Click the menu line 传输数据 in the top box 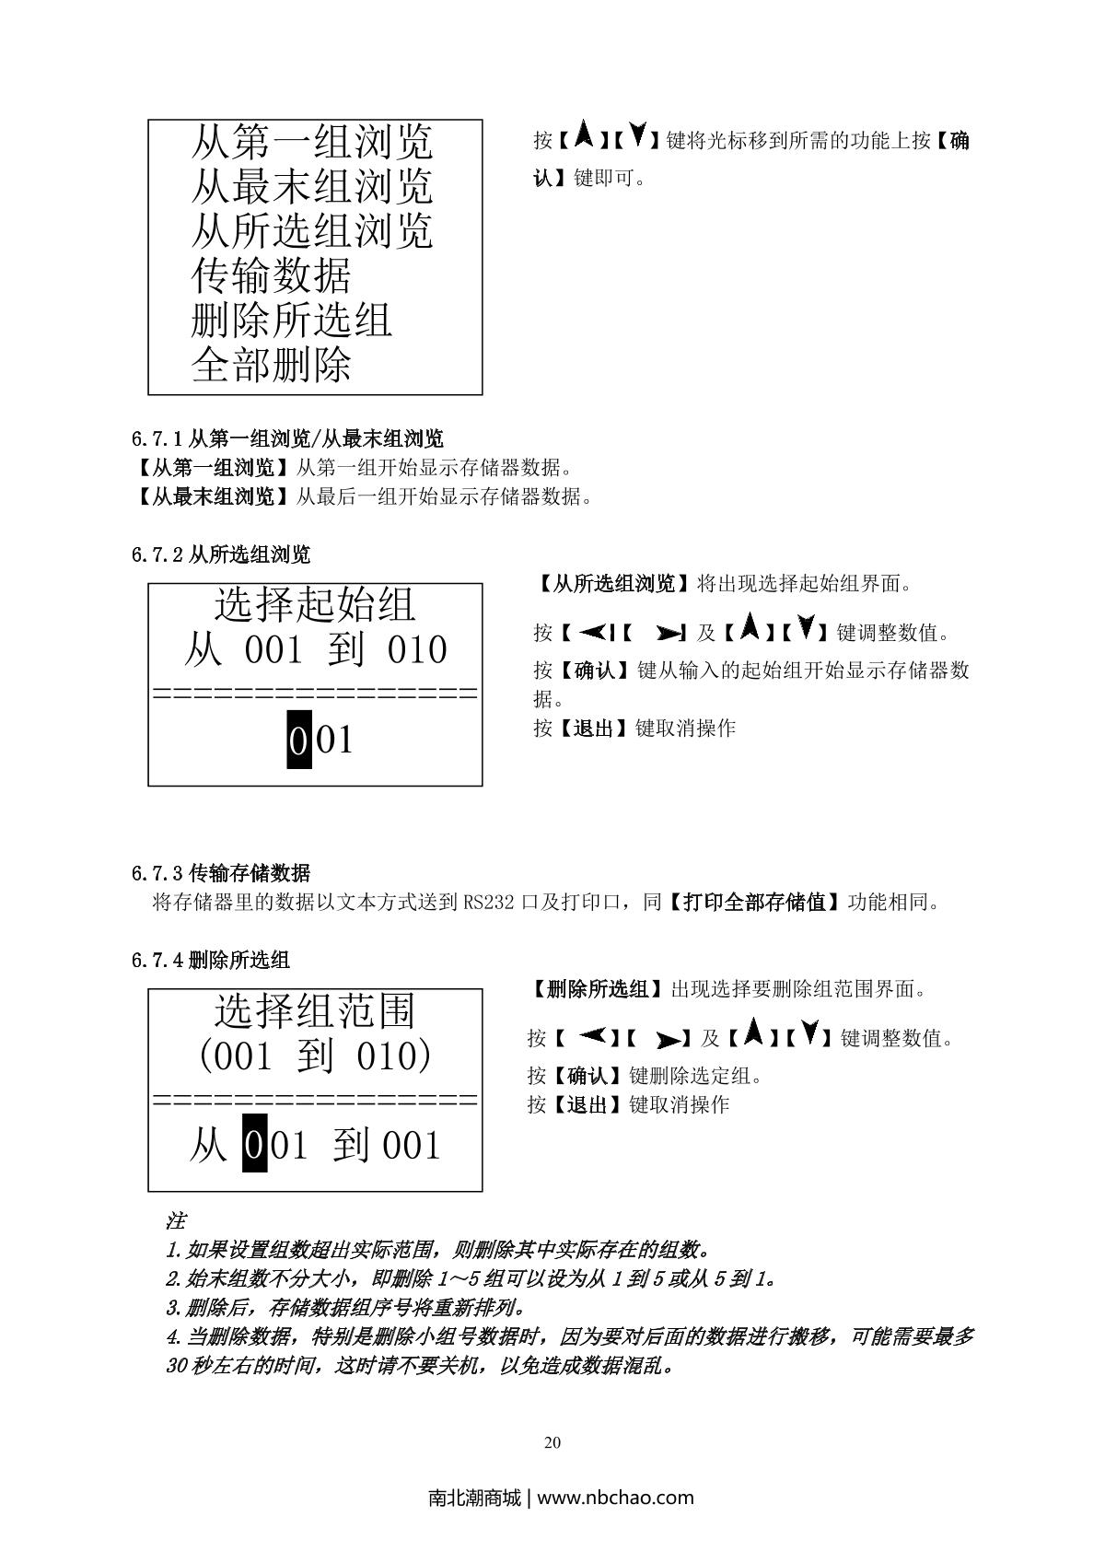[x=271, y=275]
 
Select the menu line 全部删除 [x=271, y=364]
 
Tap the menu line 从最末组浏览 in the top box [x=312, y=186]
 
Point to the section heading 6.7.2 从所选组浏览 [x=220, y=554]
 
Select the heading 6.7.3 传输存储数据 [x=220, y=873]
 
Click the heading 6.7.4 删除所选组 [x=210, y=960]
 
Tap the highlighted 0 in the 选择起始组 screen [x=298, y=740]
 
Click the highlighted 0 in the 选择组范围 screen [x=255, y=1145]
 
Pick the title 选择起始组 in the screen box [x=315, y=604]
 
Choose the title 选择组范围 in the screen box [x=315, y=1010]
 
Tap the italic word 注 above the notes [x=176, y=1220]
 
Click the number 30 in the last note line [x=177, y=1365]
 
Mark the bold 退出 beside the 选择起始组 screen [x=593, y=728]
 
